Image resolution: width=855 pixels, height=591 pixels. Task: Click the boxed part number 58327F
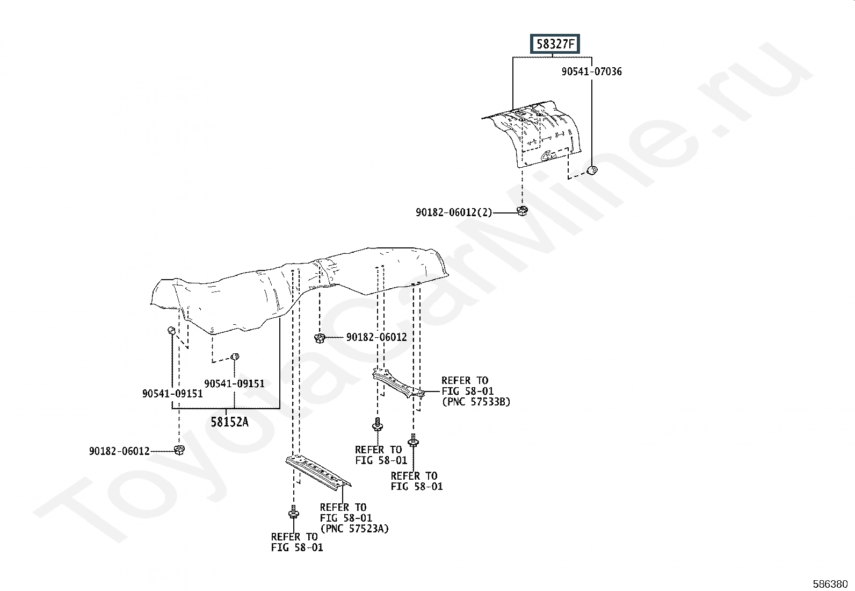tap(555, 44)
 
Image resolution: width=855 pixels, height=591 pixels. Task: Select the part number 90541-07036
tap(591, 72)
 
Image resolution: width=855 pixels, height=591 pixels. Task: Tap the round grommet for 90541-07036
tap(592, 170)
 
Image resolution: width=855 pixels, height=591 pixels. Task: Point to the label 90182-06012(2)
tap(454, 212)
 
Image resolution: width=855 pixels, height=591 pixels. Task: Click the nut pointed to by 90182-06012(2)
tap(522, 211)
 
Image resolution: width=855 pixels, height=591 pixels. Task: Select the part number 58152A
tap(229, 422)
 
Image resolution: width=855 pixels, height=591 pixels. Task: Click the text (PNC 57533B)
tap(476, 402)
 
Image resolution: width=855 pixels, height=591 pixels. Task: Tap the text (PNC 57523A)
tap(354, 528)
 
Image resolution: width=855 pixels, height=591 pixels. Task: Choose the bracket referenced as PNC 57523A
tap(318, 471)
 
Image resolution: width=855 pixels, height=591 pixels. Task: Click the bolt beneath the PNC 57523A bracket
tap(294, 512)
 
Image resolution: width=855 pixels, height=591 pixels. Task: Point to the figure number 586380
tap(830, 584)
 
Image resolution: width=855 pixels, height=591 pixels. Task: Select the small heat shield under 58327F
tap(534, 134)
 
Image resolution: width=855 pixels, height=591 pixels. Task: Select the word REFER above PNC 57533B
tap(456, 380)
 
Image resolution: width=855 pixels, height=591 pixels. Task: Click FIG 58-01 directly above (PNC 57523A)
tap(346, 518)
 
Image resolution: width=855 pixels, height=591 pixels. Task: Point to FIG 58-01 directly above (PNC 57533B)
tap(468, 391)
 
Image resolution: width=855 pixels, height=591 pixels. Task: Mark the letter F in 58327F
tap(571, 44)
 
